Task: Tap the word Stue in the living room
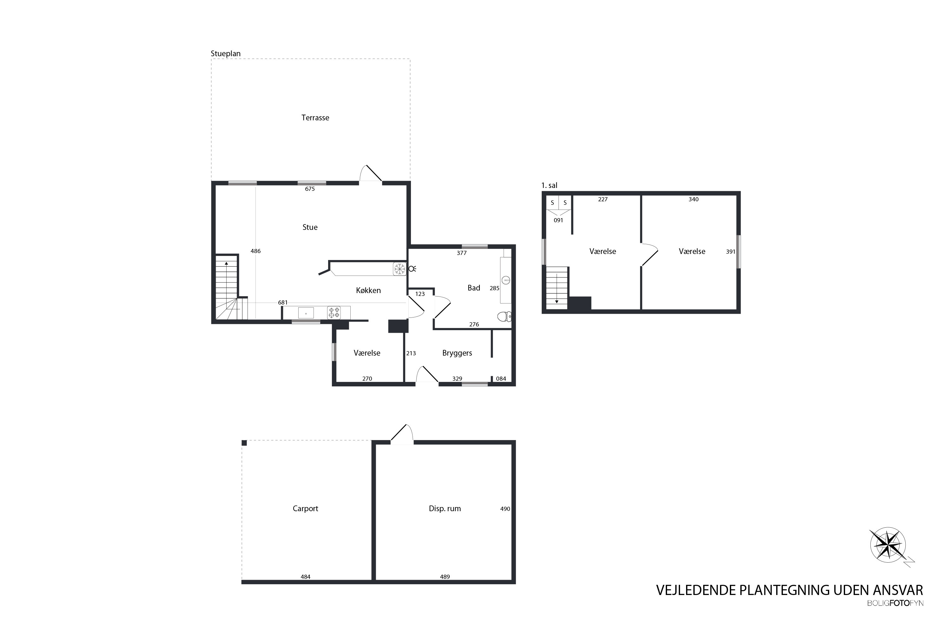point(310,227)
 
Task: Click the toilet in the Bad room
point(504,316)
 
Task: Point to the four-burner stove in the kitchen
point(334,313)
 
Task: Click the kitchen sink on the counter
point(306,313)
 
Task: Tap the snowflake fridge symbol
point(400,269)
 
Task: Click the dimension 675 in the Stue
point(310,189)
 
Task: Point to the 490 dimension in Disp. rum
point(505,509)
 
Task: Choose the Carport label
point(305,509)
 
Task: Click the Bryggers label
point(457,353)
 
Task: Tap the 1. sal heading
point(549,185)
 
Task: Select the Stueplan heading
point(225,53)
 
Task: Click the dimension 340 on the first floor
point(693,199)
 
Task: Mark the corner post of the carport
point(244,443)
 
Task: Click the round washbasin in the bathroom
point(506,280)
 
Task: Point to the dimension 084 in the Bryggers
point(501,379)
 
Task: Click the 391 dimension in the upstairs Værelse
point(730,251)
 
